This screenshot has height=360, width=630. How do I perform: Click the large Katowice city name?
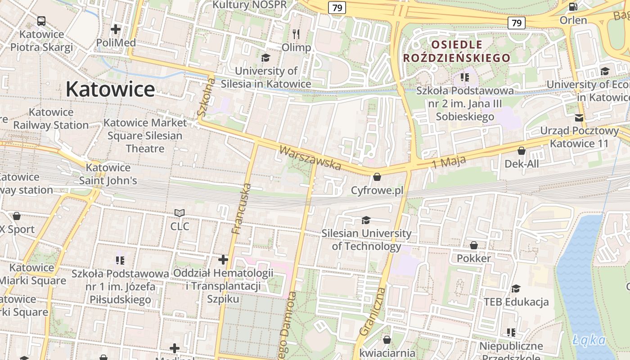coord(110,89)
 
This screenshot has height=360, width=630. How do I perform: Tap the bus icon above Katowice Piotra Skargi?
coord(41,21)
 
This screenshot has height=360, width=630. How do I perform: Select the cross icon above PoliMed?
coord(116,29)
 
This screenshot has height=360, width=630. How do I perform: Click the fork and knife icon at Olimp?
coord(296,34)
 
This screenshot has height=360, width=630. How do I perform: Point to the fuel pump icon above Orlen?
coord(573,6)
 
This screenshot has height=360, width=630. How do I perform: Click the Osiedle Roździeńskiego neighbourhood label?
coord(457,51)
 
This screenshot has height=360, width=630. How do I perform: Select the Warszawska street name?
coord(310,157)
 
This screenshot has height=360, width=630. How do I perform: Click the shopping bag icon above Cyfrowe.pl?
coord(377,177)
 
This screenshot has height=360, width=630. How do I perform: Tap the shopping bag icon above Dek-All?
coord(522,150)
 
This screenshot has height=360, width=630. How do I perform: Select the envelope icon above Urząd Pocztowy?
coord(579,117)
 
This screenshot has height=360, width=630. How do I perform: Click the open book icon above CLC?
coord(180,212)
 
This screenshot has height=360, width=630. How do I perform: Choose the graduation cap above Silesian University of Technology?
coord(366,220)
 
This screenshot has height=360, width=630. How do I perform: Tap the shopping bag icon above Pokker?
coord(474,245)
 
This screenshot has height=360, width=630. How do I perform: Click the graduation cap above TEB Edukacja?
coord(516,288)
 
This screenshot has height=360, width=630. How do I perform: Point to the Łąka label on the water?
coord(589,340)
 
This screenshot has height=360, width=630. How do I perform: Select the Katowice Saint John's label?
coord(108,174)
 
